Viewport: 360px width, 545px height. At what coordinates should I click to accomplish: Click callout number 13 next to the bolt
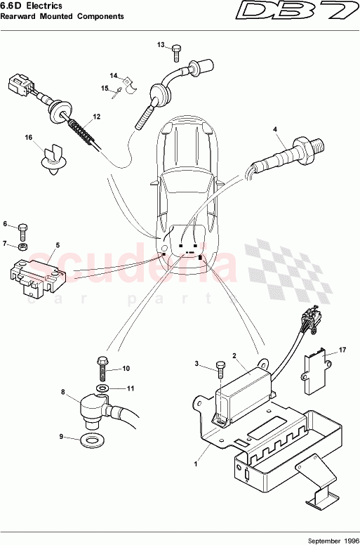coord(161,45)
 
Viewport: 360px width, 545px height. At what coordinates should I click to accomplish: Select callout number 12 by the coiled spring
coord(96,117)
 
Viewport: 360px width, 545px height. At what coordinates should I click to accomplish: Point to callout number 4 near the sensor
coord(275,129)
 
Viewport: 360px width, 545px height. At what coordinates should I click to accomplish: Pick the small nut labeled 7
coord(22,247)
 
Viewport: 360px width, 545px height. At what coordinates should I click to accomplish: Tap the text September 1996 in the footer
coord(330,539)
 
